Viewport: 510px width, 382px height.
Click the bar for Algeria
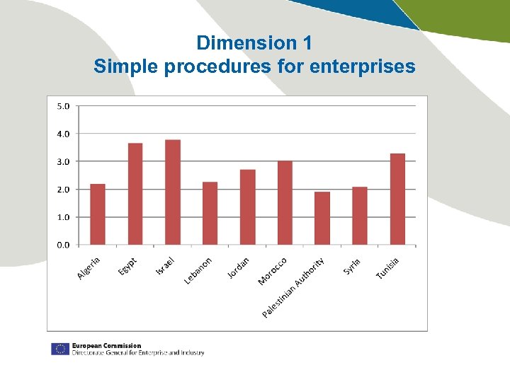(98, 214)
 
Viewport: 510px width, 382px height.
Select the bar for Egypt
(135, 194)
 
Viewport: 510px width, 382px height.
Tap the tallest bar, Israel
(173, 192)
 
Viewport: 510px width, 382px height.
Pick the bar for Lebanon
(210, 214)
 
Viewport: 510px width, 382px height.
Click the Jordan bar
(248, 207)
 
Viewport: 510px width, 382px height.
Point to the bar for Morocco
(285, 203)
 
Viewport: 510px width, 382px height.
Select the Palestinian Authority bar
(322, 219)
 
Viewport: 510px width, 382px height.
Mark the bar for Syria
(360, 216)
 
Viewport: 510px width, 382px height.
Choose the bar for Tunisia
(397, 199)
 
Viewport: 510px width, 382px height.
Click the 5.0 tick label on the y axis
(63, 106)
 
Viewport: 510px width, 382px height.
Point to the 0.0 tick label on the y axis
(63, 245)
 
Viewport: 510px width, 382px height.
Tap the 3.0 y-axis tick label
(63, 161)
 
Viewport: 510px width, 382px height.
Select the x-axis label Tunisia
(387, 267)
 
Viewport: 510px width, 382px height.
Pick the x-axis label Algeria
(89, 267)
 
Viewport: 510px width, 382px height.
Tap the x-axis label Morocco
(273, 271)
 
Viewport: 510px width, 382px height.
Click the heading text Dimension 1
(254, 43)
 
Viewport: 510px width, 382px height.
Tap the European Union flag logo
(59, 349)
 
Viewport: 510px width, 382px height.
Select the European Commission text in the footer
(106, 346)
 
